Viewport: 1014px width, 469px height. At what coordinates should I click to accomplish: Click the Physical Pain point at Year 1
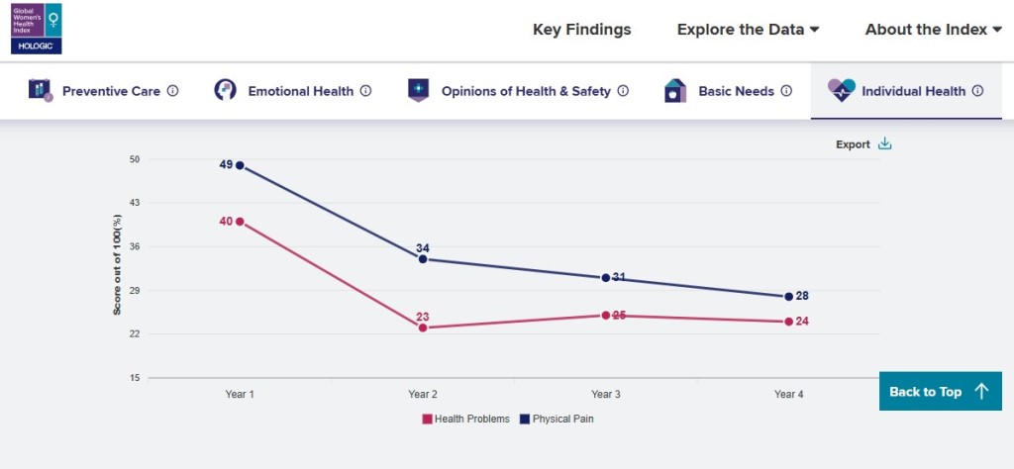click(x=240, y=165)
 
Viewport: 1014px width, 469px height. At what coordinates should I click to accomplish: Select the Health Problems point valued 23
click(x=423, y=328)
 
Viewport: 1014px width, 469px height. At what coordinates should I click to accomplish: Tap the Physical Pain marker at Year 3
click(x=606, y=278)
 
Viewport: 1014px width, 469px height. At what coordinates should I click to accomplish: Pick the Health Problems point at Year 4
click(x=789, y=322)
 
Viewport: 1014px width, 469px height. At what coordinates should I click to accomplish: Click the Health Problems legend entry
click(x=465, y=419)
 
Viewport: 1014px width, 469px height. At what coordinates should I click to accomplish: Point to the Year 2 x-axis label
click(x=423, y=394)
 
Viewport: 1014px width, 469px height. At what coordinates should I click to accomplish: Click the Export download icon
click(x=885, y=144)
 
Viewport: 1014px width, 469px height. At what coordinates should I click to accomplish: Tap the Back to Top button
click(x=939, y=392)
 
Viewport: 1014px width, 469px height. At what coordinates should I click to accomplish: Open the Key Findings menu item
click(x=581, y=30)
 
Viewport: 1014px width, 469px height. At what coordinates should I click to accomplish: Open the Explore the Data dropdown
click(x=748, y=30)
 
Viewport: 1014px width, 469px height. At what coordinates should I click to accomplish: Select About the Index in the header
click(x=933, y=30)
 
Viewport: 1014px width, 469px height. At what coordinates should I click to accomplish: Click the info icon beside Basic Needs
click(x=786, y=91)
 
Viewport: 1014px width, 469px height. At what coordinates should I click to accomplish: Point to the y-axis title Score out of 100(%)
click(x=117, y=269)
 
